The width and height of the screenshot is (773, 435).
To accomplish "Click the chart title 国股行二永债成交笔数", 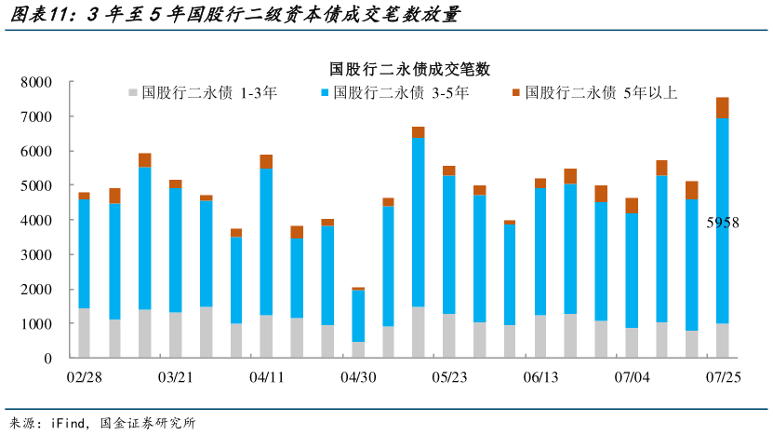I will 409,69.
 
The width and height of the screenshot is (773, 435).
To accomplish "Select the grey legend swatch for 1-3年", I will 133,92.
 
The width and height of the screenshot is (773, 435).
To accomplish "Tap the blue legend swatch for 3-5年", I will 325,92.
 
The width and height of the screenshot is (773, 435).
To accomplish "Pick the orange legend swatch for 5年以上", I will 516,92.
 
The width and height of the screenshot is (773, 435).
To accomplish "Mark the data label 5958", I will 721,224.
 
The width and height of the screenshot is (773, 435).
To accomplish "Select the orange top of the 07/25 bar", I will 722,108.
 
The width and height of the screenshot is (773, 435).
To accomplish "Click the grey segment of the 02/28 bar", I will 85,333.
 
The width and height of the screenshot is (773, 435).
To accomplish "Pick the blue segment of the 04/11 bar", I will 266,242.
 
